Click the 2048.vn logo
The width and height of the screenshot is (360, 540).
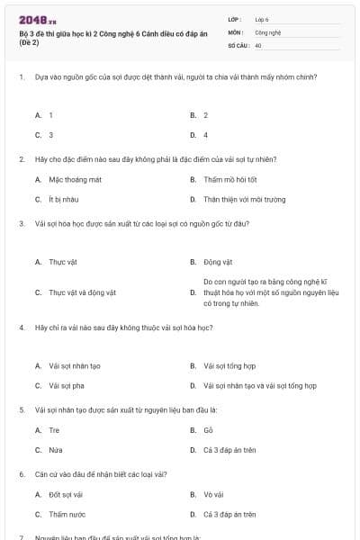[x=38, y=20]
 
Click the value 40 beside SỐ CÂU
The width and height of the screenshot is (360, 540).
[x=258, y=44]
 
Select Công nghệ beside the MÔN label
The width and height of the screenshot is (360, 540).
[x=268, y=31]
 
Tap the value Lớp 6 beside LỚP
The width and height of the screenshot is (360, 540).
[x=262, y=19]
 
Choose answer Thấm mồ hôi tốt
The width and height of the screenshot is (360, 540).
[x=229, y=180]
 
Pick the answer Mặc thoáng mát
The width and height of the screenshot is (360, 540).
[x=76, y=180]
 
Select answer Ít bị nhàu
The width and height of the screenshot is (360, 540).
[x=67, y=199]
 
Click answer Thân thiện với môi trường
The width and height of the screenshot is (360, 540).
[x=244, y=199]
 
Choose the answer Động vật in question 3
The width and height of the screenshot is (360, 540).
[x=219, y=262]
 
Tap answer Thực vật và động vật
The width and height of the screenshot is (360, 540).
[x=83, y=292]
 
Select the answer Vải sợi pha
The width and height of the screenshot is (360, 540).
[x=67, y=385]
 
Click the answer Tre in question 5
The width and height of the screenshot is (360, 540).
[x=54, y=430]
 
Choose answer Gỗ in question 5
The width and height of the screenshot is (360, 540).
[x=208, y=430]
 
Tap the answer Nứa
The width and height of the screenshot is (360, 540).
[x=56, y=449]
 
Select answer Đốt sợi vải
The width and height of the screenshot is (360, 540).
[x=67, y=495]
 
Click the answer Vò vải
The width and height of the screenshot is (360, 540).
[x=212, y=495]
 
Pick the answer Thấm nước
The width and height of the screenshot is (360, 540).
[x=67, y=514]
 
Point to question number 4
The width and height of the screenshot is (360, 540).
[x=21, y=328]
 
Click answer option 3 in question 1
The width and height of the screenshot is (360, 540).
[x=51, y=134]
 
